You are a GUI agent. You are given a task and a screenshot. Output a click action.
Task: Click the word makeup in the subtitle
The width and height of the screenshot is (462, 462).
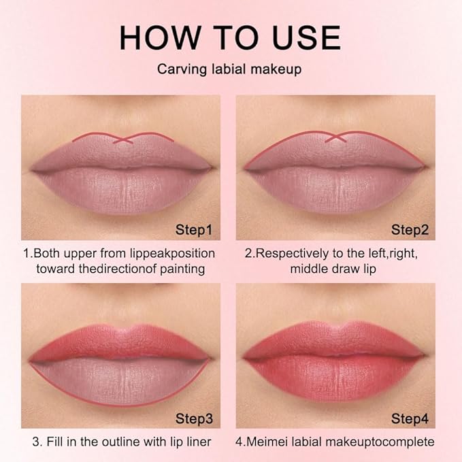[x=276, y=70]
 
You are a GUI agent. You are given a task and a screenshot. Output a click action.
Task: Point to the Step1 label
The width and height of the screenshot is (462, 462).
[x=194, y=230]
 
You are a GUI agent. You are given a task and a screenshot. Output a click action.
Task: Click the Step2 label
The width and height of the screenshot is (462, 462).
[x=410, y=230]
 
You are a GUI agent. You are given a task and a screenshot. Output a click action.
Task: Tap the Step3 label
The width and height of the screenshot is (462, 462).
[x=194, y=418]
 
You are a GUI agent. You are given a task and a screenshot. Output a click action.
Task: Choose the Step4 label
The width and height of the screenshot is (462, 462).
[x=410, y=418]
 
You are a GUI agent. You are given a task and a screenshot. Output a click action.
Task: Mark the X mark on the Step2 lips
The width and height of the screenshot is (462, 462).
[x=335, y=138]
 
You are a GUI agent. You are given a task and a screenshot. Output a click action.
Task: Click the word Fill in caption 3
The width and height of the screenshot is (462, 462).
[x=54, y=442]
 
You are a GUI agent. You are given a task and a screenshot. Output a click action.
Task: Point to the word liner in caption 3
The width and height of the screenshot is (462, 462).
[x=199, y=442]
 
